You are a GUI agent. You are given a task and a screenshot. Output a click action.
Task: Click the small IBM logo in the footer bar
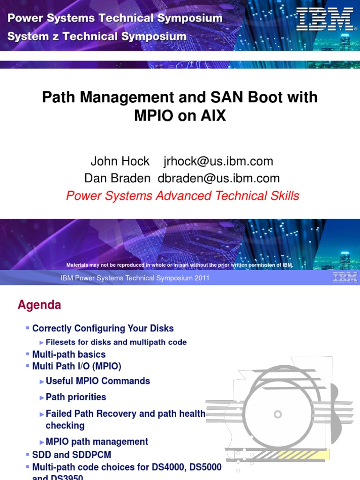coord(345,278)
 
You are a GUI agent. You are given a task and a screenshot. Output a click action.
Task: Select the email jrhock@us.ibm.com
coord(218,161)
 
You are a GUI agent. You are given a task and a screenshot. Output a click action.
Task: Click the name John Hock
coord(120,161)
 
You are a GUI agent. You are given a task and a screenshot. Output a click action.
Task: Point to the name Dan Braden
coord(117,178)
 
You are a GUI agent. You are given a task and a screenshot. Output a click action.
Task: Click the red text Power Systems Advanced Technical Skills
coord(182,195)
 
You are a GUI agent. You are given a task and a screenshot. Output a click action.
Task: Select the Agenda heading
coord(39,305)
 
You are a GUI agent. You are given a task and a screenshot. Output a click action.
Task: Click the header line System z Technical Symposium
coord(97,36)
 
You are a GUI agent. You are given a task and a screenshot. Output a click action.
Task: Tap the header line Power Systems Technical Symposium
coord(115,18)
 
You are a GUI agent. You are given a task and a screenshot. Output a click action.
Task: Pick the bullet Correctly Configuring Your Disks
coord(103,328)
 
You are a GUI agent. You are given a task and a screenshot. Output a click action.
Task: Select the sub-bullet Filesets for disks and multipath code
coord(116,342)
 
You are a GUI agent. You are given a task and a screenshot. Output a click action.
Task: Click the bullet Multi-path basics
coord(69,354)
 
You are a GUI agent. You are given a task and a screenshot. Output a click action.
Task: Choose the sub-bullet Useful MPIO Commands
coord(97,381)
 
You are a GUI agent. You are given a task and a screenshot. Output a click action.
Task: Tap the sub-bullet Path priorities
coord(76,397)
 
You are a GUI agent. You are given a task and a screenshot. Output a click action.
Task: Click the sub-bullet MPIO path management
coord(97,442)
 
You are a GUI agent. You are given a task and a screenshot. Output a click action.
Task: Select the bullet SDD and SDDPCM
coord(72,455)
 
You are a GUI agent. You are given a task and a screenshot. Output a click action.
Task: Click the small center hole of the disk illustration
coord(278,414)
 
